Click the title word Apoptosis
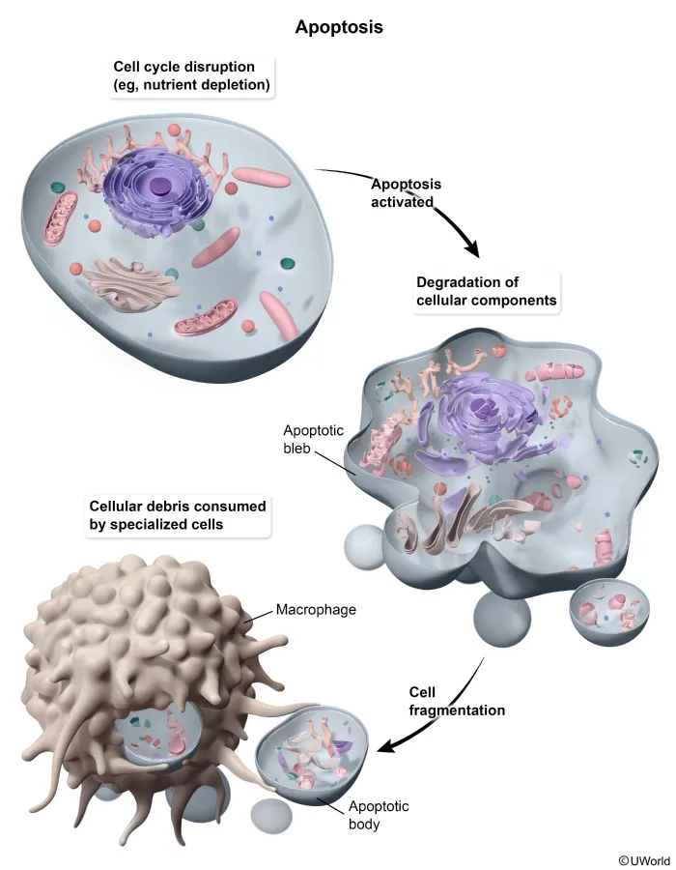point(338,27)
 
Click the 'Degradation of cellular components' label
point(486,291)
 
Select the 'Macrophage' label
point(317,610)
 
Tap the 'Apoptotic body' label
point(351,816)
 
